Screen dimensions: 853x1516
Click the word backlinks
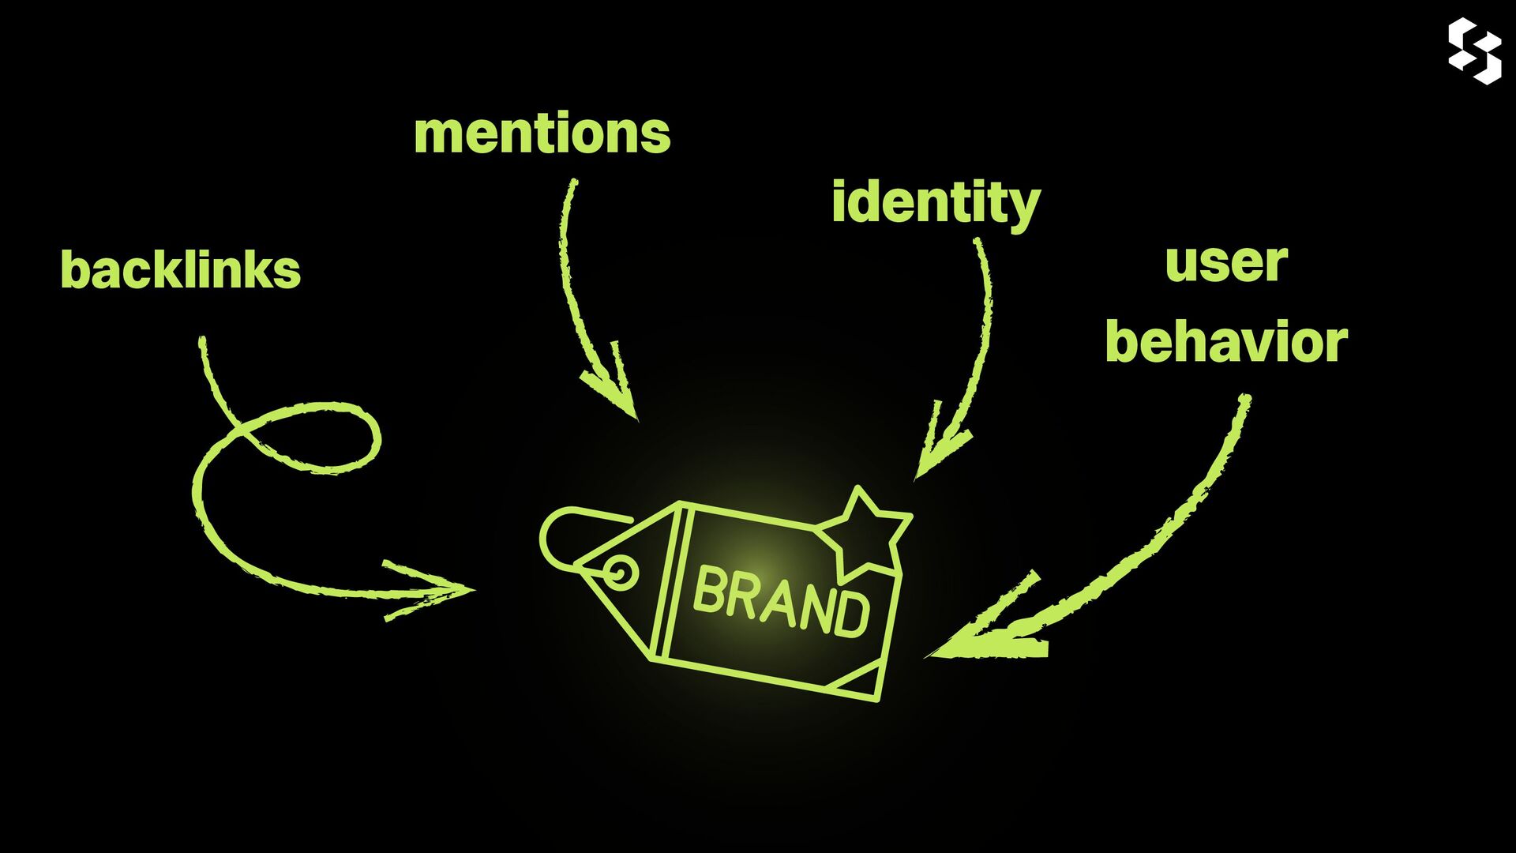coord(180,270)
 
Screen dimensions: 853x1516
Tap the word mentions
coord(542,133)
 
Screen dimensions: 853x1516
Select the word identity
coord(936,203)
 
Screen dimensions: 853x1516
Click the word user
coord(1226,263)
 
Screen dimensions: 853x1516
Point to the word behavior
coord(1226,343)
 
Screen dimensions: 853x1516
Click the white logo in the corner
coord(1474,51)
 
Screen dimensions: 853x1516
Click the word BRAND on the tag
coord(780,602)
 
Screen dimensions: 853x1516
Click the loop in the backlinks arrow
coord(316,438)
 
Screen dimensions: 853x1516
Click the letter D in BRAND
coord(851,614)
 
